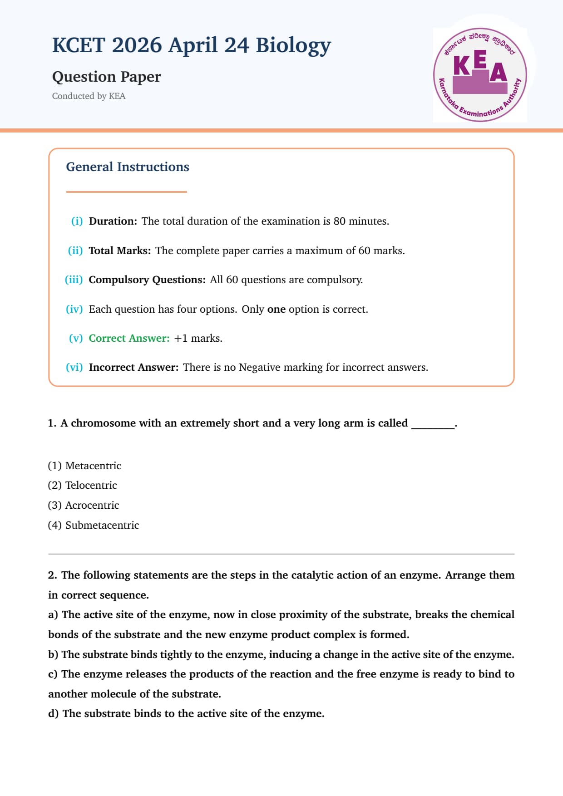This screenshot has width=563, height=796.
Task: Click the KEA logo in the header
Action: coord(480,75)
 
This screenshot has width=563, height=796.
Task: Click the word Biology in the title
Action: coord(293,45)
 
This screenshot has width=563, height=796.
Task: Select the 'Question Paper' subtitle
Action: coord(106,77)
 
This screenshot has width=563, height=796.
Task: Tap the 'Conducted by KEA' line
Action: coord(89,96)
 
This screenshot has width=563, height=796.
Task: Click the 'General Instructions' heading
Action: coord(128,167)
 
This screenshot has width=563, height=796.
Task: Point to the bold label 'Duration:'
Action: coord(113,221)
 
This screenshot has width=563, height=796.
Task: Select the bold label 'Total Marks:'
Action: coord(119,251)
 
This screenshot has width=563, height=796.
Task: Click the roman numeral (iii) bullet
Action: coord(74,280)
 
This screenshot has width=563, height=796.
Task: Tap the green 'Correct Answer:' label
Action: coord(129,339)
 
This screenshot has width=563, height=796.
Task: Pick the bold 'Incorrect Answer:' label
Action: coord(133,368)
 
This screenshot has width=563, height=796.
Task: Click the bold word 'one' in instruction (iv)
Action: coord(276,310)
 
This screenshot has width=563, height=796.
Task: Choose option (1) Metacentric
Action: coord(84,466)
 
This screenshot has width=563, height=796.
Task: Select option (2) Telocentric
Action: coord(82,486)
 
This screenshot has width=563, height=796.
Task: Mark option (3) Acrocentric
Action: coord(84,506)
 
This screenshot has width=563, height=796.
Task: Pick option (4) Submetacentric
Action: coord(94,526)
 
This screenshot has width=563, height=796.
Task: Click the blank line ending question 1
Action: coord(432,427)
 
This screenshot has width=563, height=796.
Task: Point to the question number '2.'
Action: coord(52,575)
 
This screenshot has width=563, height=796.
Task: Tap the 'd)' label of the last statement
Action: coord(53,714)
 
